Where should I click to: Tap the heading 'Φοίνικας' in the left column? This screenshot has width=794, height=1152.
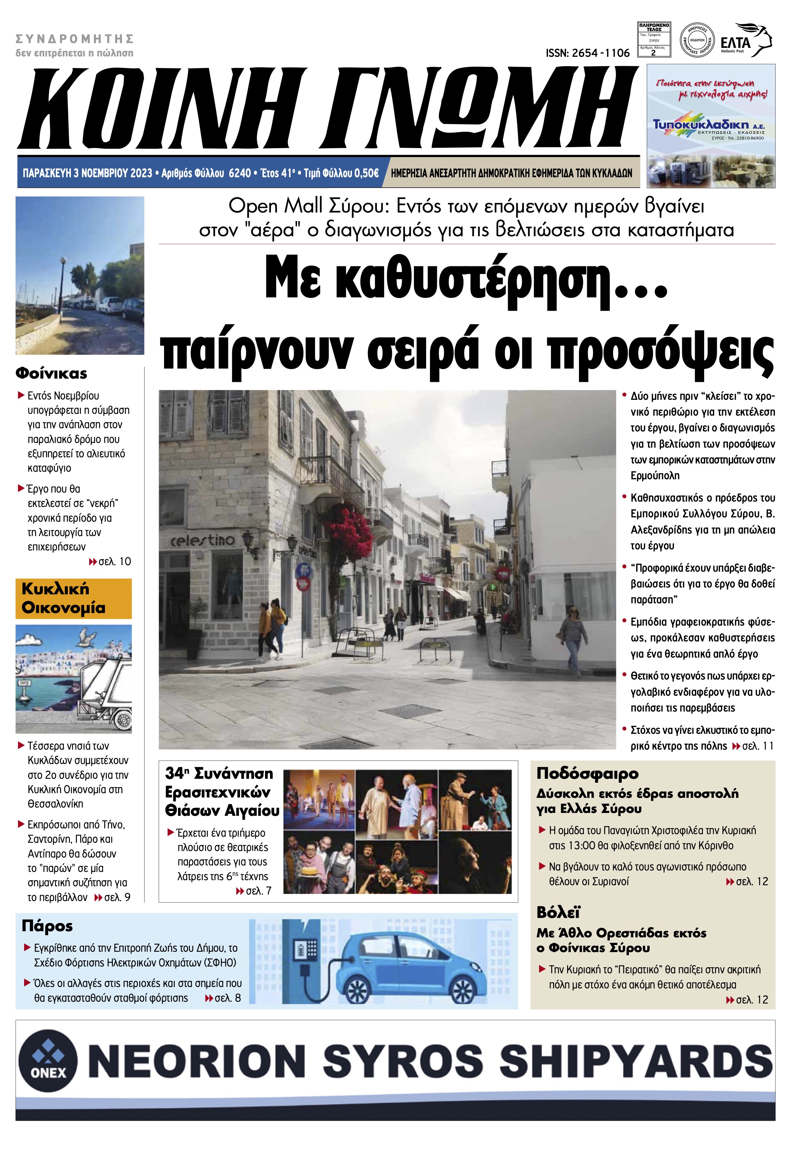click(x=51, y=373)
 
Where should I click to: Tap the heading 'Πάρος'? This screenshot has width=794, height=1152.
click(x=47, y=926)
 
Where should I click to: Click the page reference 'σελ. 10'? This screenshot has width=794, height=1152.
click(x=114, y=562)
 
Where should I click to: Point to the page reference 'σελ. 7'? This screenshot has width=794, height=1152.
click(x=259, y=891)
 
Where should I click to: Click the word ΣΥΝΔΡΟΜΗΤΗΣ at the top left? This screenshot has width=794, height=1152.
click(x=75, y=38)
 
